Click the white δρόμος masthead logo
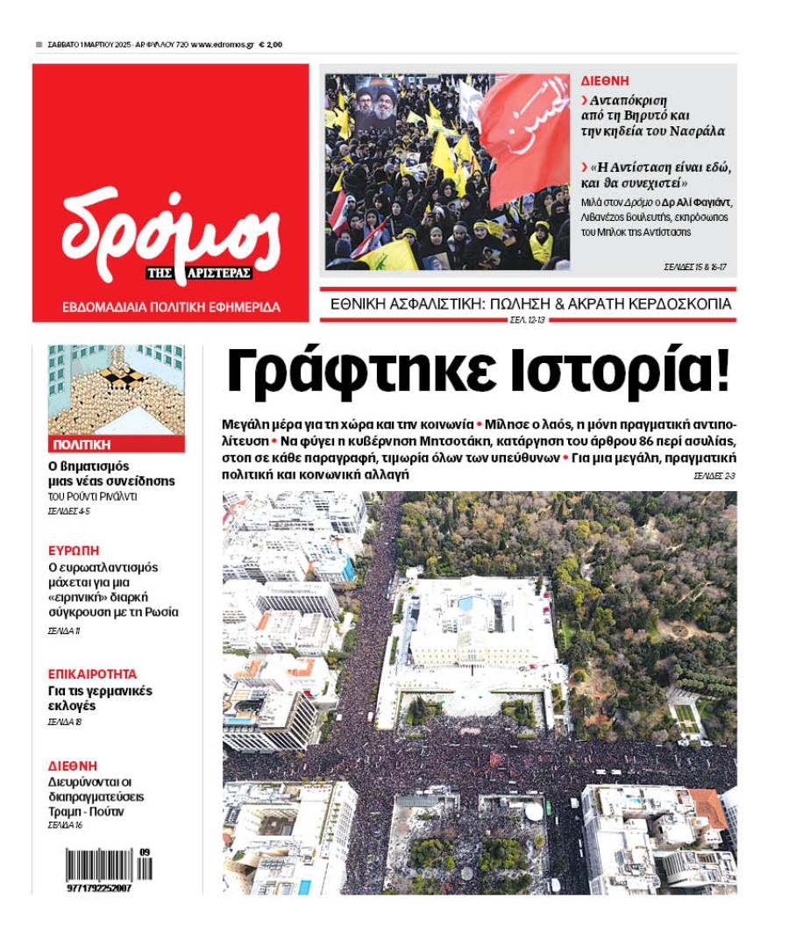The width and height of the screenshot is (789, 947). tap(171, 230)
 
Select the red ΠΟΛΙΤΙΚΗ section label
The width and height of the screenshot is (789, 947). tap(81, 445)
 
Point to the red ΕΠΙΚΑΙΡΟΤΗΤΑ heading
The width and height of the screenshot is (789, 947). tap(92, 674)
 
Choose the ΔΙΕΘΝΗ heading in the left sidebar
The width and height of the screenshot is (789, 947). tap(72, 765)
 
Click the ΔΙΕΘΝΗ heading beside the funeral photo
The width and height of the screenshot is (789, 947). tap(605, 81)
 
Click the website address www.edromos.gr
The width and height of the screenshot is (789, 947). tap(223, 44)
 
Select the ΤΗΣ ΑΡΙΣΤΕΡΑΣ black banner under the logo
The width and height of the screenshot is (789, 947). tap(199, 273)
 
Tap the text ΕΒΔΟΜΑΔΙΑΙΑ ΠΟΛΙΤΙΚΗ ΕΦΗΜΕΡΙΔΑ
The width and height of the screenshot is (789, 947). tap(171, 308)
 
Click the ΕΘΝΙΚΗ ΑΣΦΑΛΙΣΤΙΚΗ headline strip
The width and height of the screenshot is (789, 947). tap(530, 304)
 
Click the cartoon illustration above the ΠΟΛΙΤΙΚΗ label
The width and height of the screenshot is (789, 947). tap(117, 389)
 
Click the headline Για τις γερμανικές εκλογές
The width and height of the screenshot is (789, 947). tap(99, 698)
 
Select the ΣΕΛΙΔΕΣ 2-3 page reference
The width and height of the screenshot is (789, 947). tap(714, 475)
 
